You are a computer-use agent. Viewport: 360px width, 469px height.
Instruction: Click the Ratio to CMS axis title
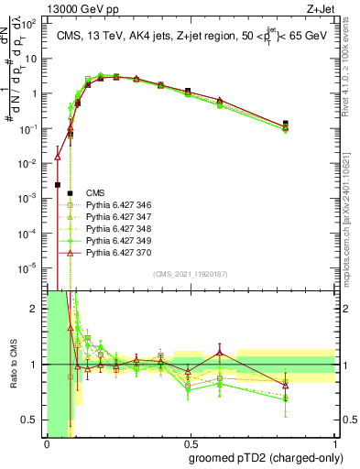[12, 365]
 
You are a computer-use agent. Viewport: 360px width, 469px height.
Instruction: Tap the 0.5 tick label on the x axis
[189, 444]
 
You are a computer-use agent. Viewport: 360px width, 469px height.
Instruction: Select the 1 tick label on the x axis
[332, 444]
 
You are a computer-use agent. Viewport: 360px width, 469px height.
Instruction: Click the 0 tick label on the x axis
[47, 444]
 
